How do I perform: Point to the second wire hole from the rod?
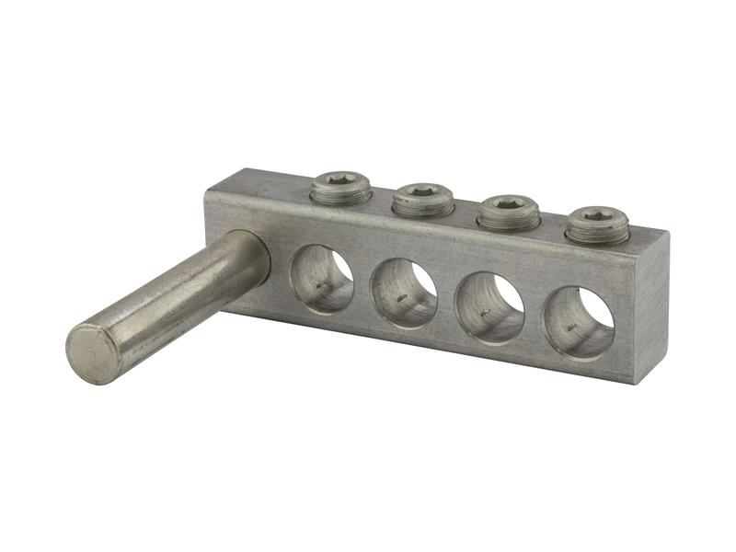(403, 293)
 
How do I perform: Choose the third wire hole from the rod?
(490, 309)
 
